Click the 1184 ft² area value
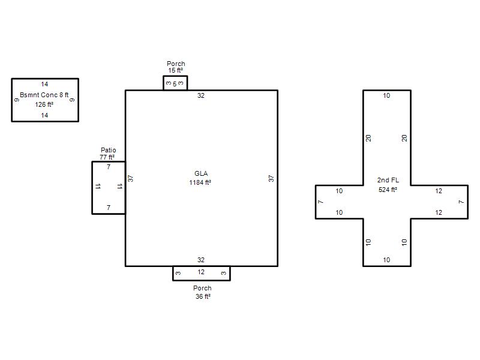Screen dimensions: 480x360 (200, 182)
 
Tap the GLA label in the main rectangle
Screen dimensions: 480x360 (201, 173)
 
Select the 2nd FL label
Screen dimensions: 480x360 (388, 181)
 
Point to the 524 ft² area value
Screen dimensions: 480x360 (388, 190)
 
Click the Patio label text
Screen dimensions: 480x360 (109, 150)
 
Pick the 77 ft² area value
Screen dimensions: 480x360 (107, 157)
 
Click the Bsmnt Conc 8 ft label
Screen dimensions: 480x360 (44, 95)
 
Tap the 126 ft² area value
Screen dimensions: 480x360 (44, 104)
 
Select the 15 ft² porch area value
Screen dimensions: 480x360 (176, 70)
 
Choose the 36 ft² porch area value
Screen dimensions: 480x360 (203, 296)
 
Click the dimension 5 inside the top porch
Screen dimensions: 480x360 (175, 84)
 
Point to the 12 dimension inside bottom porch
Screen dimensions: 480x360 (201, 272)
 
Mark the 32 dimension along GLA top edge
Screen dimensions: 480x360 (201, 95)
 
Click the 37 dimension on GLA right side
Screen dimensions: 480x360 (271, 178)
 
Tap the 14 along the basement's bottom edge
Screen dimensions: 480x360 (44, 115)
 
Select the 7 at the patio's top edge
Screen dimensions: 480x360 (109, 167)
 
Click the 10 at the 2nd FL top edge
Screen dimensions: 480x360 (386, 95)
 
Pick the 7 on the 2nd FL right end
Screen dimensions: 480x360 (461, 202)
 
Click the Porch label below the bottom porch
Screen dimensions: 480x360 (202, 288)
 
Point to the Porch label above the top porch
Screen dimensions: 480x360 (176, 64)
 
